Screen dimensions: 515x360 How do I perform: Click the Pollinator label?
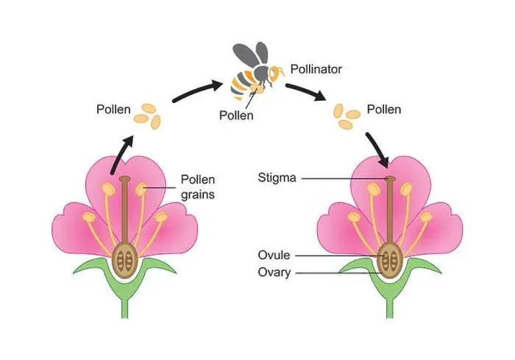[x=316, y=69]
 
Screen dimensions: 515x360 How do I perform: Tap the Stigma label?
[x=277, y=178]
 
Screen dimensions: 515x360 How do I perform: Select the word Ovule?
[x=274, y=255]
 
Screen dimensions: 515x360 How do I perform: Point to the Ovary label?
[x=274, y=272]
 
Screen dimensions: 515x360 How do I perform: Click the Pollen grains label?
[x=198, y=187]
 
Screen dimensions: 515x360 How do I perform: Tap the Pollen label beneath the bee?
[x=236, y=116]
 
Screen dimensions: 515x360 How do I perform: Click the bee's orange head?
[x=275, y=74]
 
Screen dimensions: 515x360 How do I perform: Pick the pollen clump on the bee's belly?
[x=257, y=88]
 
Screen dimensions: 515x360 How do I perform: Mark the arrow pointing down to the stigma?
[x=377, y=149]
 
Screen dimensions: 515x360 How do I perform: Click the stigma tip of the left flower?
[x=125, y=179]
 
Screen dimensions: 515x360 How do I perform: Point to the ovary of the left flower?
[x=124, y=261]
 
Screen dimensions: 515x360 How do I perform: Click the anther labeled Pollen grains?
[x=141, y=188]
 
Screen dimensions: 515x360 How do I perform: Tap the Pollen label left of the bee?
[x=113, y=110]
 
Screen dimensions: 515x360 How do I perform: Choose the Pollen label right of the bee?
[x=384, y=110]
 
